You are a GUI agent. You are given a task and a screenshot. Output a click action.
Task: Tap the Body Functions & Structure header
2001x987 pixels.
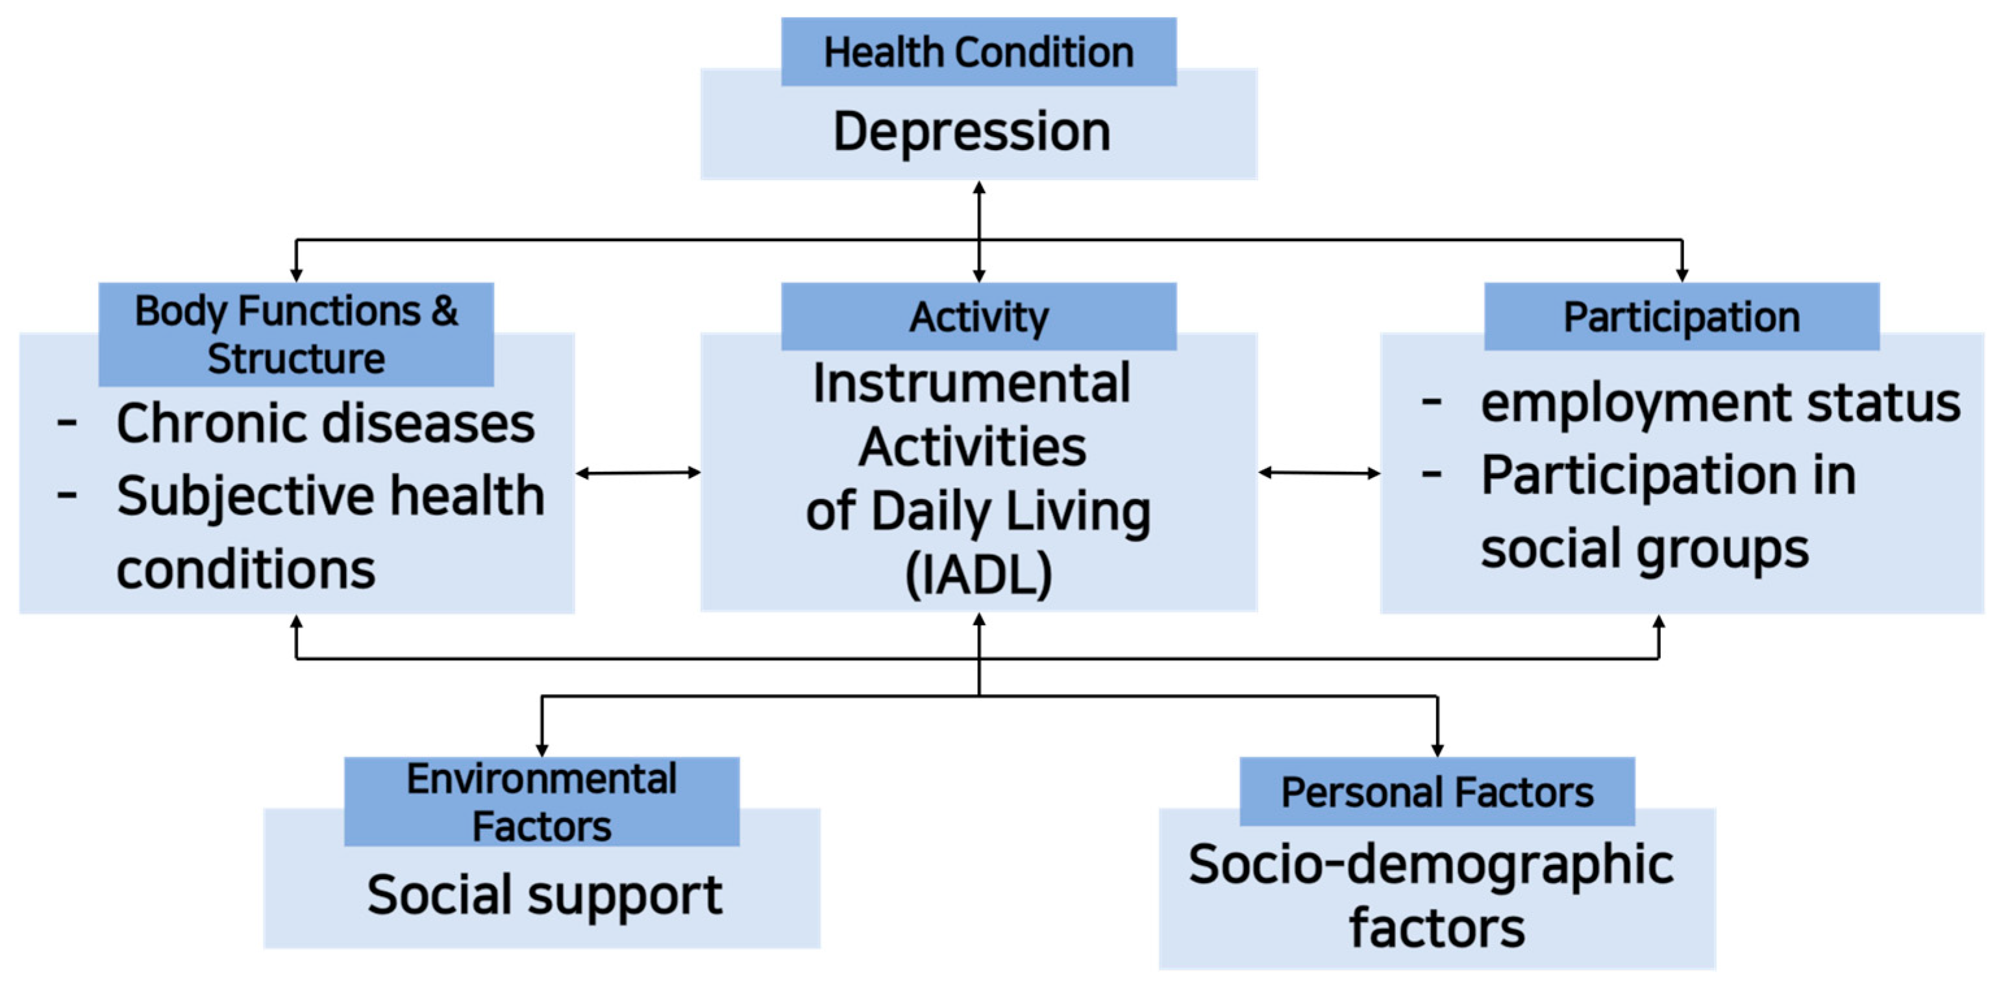[x=296, y=334]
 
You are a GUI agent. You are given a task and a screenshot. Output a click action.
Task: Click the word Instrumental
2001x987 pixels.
[x=971, y=383]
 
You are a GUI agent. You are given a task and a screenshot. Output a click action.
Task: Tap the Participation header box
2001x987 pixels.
[x=1681, y=316]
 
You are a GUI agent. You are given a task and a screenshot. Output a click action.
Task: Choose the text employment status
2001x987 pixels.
[x=1720, y=403]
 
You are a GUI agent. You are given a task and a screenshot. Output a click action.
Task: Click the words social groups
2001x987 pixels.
[x=1644, y=548]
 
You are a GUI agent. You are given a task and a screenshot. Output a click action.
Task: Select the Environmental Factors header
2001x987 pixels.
[x=541, y=802]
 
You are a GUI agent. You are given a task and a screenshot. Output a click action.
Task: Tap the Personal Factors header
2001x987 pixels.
[x=1436, y=792]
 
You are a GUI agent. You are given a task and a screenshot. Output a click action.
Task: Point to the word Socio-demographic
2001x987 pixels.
[x=1430, y=864]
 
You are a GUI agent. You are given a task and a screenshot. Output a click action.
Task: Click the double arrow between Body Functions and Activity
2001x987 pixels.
[x=638, y=472]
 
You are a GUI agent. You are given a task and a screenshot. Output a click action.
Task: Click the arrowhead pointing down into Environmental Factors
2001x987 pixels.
[x=541, y=750]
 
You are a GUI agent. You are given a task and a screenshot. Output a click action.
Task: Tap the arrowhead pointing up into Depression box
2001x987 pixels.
[x=979, y=187]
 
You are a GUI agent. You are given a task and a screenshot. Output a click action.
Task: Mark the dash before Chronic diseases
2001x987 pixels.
[x=67, y=424]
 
